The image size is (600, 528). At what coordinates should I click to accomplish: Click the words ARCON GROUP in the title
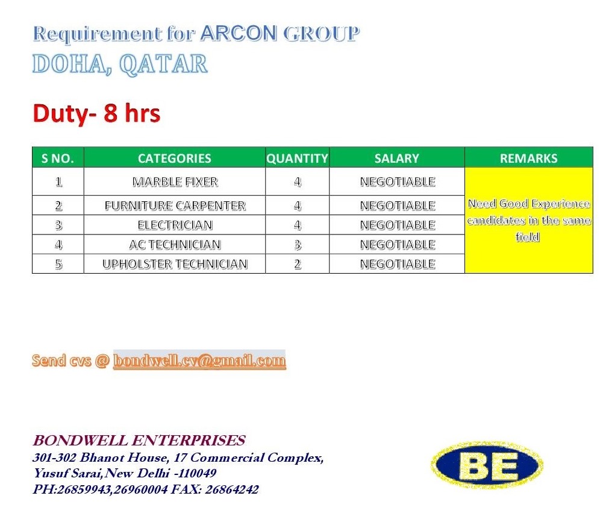click(x=280, y=33)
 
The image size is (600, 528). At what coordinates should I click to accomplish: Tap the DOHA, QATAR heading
click(x=120, y=64)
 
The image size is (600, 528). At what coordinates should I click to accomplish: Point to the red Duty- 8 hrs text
click(x=96, y=114)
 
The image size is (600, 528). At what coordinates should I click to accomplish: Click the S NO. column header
click(x=58, y=158)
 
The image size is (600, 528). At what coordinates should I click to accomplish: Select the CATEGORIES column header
click(x=175, y=158)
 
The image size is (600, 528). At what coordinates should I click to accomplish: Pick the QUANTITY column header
click(x=298, y=158)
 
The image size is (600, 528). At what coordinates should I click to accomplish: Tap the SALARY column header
click(x=397, y=158)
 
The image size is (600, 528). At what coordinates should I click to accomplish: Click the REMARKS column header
click(x=529, y=158)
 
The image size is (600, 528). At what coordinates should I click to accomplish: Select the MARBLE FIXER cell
click(x=175, y=181)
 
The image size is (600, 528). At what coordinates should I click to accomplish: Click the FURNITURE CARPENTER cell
click(x=175, y=206)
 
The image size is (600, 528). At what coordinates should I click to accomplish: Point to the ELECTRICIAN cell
click(x=175, y=225)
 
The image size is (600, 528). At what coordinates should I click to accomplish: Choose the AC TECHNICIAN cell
click(x=175, y=244)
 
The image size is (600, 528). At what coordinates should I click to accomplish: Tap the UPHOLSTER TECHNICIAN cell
click(x=175, y=264)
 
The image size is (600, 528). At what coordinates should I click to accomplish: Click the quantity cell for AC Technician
click(x=298, y=244)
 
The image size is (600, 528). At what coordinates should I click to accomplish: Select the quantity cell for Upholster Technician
click(x=298, y=264)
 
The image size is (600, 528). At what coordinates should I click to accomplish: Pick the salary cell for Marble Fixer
click(x=398, y=181)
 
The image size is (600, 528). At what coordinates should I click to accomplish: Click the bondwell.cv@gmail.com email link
click(x=199, y=360)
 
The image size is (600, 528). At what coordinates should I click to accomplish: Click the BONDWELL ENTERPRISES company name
click(x=139, y=441)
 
